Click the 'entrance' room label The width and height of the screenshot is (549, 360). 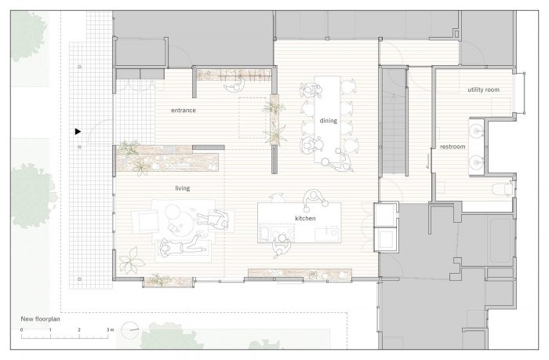183,111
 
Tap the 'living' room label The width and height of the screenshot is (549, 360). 183,188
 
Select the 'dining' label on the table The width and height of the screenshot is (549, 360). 328,121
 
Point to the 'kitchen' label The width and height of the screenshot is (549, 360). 305,218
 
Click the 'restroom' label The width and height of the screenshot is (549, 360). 453,147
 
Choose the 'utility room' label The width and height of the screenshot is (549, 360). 483,89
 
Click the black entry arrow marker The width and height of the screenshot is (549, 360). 78,132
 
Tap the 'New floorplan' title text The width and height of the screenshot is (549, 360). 40,319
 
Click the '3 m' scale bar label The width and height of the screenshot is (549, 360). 111,330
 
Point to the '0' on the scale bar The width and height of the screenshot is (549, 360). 21,330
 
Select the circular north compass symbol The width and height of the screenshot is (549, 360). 129,330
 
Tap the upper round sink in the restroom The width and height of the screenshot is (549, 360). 476,131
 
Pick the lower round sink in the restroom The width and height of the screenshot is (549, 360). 476,162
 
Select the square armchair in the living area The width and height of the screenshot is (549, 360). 146,222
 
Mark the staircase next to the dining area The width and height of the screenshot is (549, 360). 394,121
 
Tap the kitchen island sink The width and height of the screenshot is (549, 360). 327,232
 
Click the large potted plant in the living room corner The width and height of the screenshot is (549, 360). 131,260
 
